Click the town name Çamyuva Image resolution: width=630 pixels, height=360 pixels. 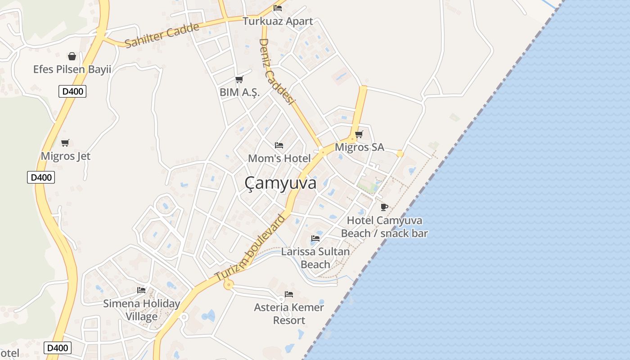(x=280, y=183)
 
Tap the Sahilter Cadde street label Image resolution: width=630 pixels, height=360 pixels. (x=162, y=36)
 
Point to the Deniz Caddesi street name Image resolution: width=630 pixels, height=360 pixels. (x=276, y=72)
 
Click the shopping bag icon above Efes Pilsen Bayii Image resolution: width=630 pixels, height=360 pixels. (x=72, y=56)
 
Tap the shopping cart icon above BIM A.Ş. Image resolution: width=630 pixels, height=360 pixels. (x=239, y=80)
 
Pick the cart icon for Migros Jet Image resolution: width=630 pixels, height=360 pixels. (x=65, y=143)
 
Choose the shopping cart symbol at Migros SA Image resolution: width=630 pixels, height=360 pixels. (x=359, y=134)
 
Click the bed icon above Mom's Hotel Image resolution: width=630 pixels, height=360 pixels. (x=279, y=145)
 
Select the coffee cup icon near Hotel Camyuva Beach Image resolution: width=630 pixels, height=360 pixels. (x=384, y=207)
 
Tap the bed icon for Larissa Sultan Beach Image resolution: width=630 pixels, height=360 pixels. (x=315, y=238)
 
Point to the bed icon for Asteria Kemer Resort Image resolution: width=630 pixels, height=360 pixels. (x=289, y=294)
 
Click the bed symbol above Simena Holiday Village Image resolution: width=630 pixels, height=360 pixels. (x=141, y=290)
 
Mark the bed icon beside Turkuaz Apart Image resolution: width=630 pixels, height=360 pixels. (x=278, y=8)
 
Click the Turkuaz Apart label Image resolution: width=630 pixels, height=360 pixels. (x=278, y=21)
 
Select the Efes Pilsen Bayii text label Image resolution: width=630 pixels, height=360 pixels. (x=72, y=69)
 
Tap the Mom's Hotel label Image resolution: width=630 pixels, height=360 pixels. (x=279, y=158)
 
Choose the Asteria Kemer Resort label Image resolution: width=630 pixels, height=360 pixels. (x=289, y=314)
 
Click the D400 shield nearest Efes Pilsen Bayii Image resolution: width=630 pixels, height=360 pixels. (x=72, y=91)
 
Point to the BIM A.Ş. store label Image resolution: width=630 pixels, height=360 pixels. (x=239, y=92)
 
